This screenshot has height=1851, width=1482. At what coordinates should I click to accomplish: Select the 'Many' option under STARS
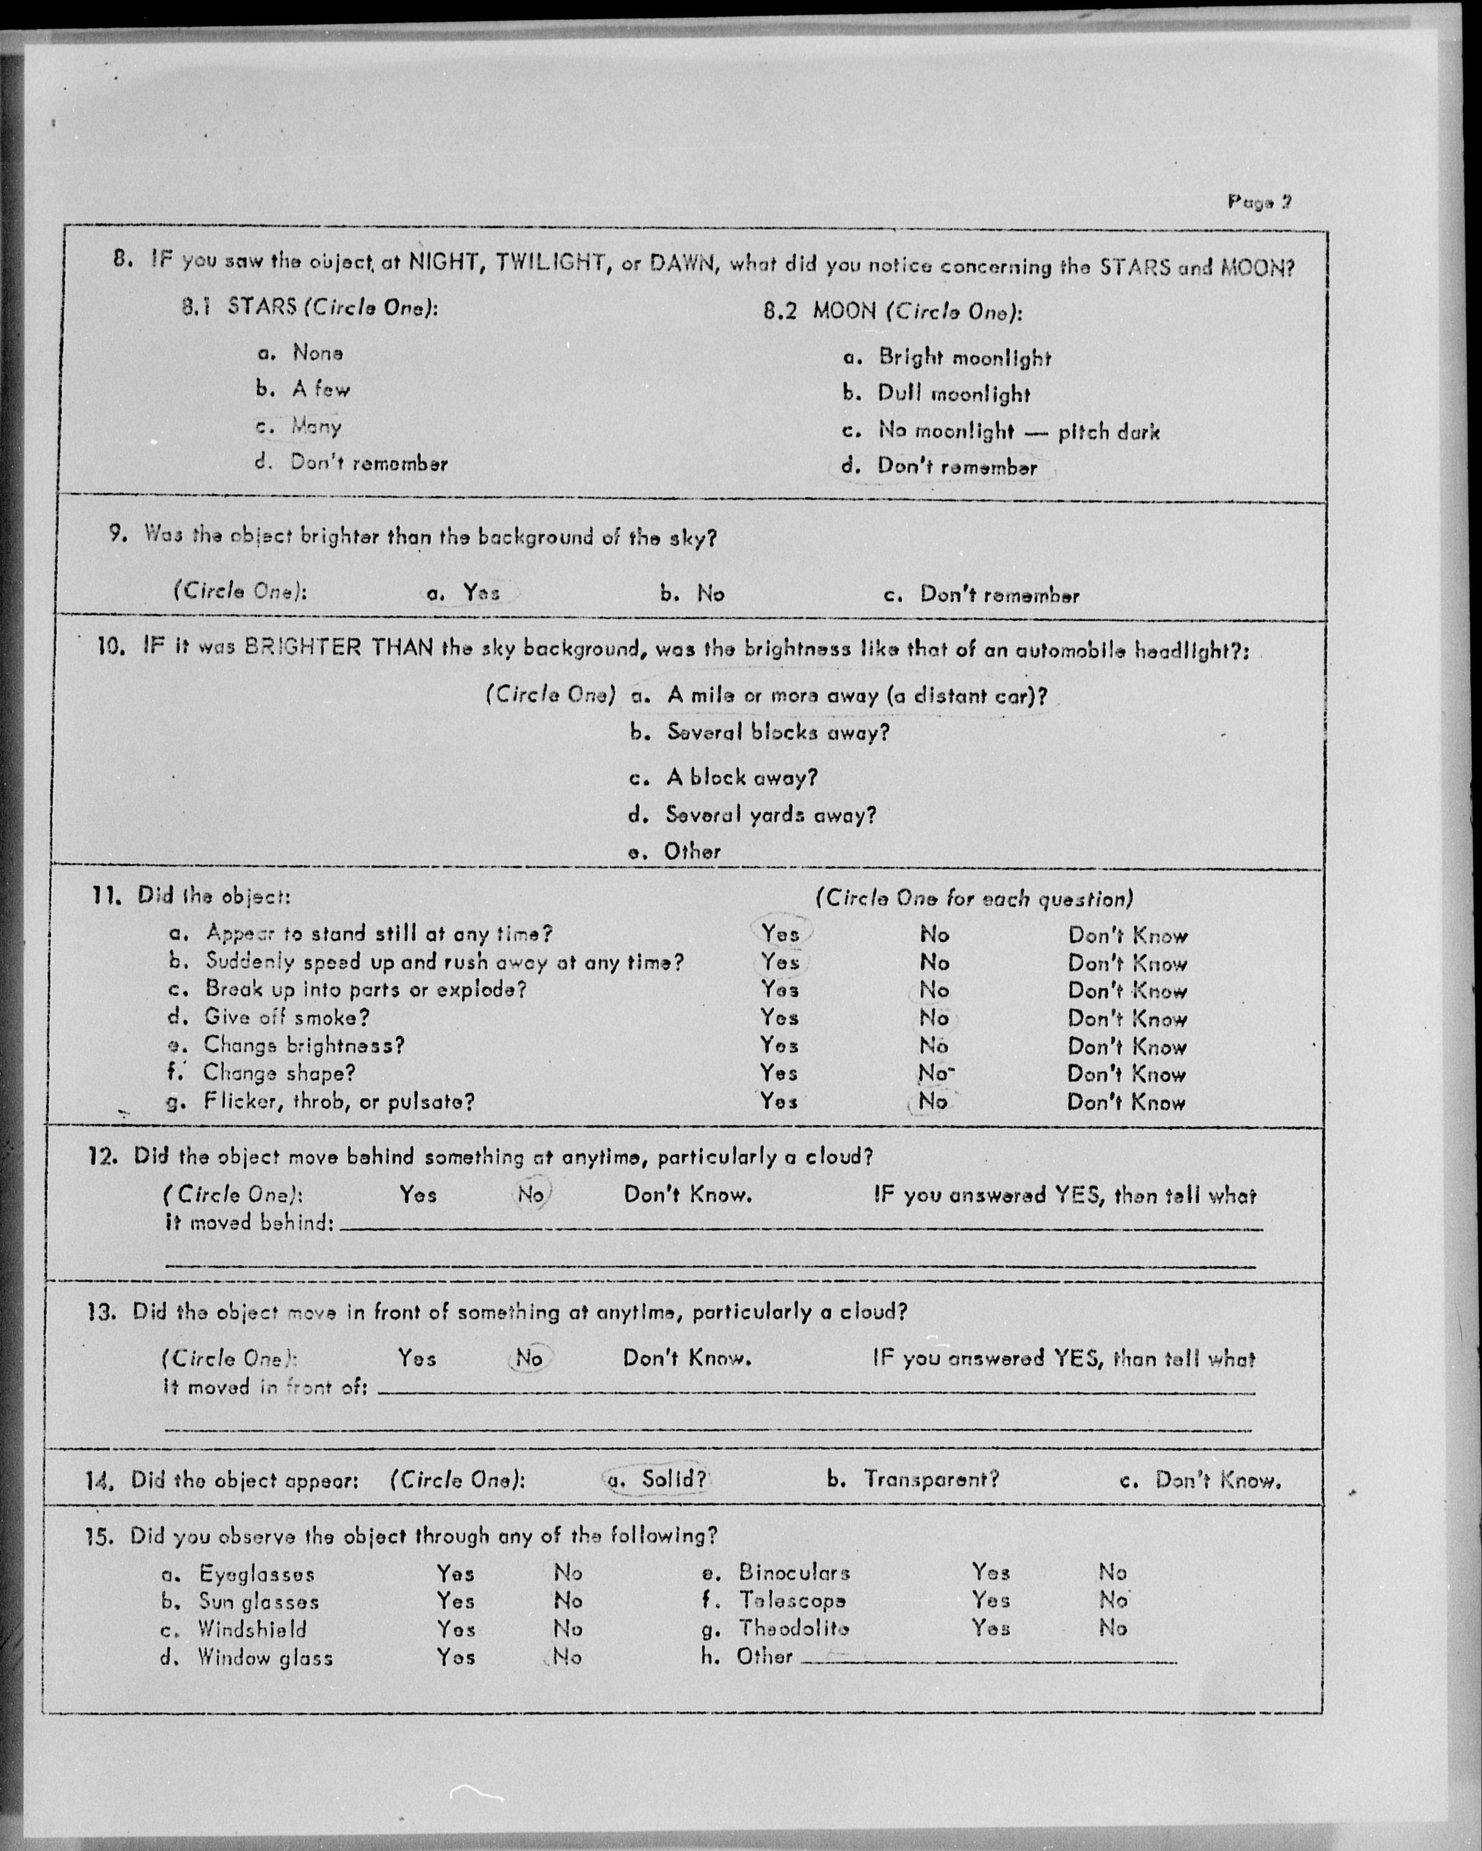[x=316, y=426]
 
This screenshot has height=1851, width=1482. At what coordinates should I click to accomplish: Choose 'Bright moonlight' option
[x=964, y=358]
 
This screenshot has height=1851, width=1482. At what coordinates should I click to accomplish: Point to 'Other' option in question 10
[x=692, y=852]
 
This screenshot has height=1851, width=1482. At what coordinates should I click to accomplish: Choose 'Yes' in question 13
[x=416, y=1358]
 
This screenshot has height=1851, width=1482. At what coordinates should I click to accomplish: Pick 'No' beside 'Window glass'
[x=567, y=1657]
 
